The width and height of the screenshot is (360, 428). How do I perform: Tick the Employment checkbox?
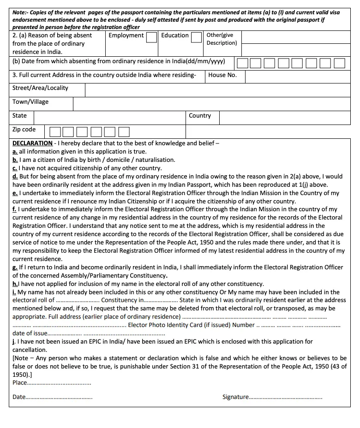pos(151,37)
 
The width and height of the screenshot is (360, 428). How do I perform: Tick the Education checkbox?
pos(196,37)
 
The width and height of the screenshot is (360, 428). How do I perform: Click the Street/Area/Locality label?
pos(40,88)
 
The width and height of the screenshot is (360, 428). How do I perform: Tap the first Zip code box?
pos(55,132)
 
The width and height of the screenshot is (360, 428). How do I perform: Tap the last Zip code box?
pos(124,132)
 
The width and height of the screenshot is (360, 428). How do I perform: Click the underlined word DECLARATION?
pos(32,143)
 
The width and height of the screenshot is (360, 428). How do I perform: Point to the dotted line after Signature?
pos(286,397)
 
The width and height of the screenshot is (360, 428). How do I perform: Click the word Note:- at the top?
pos(21,12)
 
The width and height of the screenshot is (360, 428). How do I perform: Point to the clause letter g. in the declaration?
pos(15,267)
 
